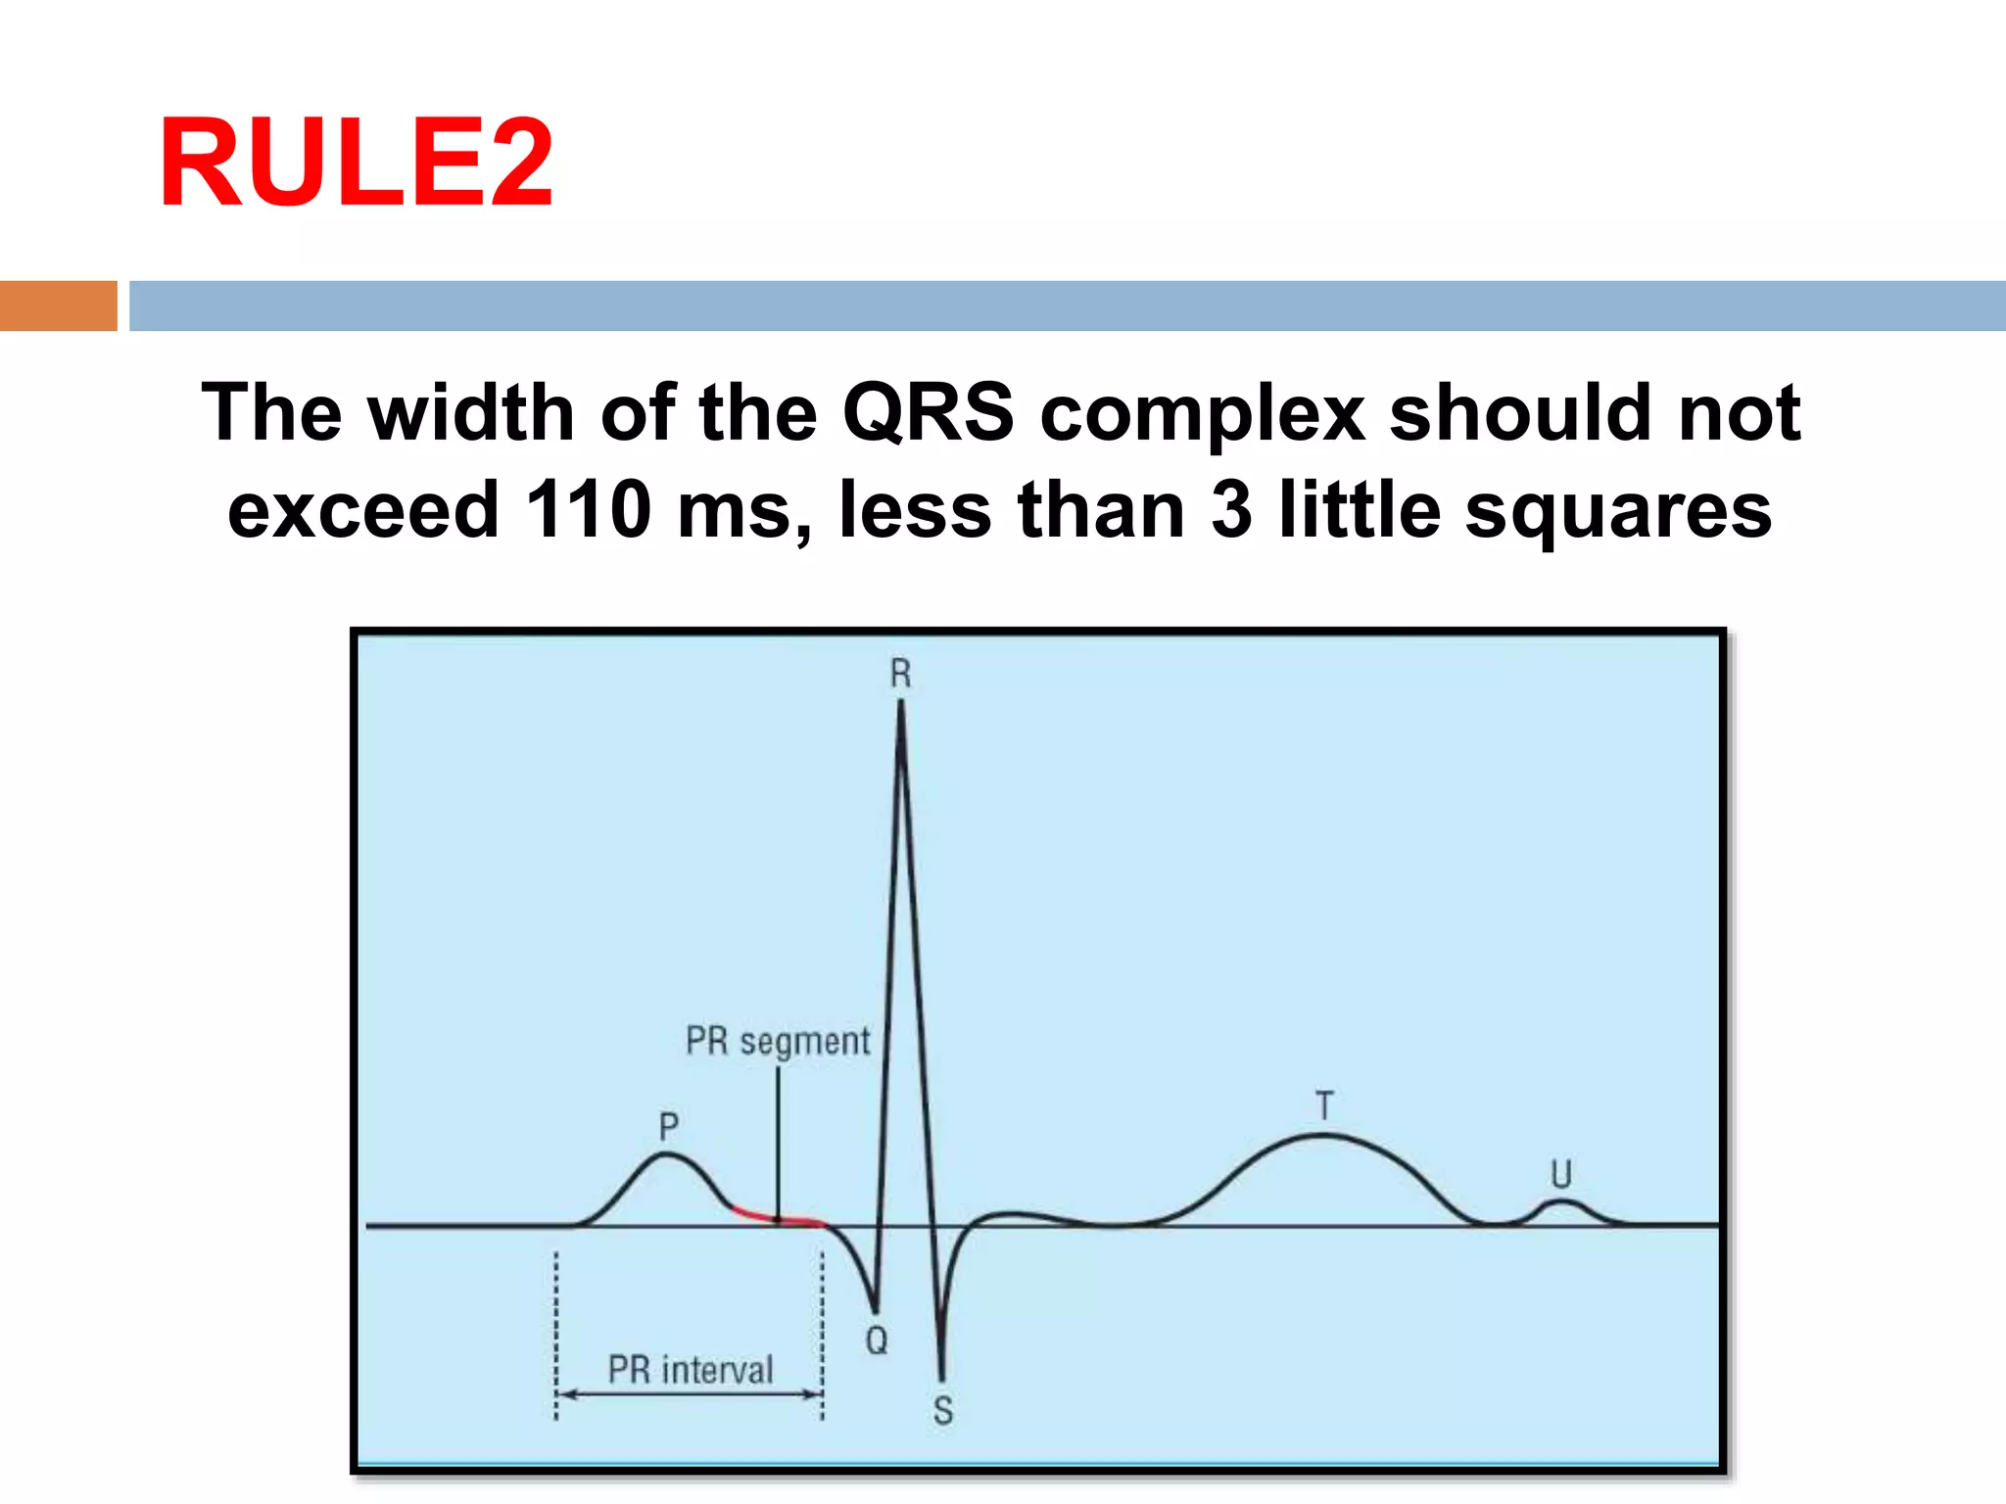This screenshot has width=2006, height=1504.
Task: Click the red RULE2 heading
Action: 356,163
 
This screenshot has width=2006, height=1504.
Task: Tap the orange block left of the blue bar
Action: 58,305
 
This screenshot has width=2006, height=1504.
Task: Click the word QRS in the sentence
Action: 928,412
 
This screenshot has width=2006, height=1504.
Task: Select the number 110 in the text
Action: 588,509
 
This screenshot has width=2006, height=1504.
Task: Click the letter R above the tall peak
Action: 900,674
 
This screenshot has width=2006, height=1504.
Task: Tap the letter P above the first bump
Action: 668,1127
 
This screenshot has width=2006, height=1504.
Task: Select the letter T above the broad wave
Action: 1324,1105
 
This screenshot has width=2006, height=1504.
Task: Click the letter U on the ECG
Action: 1560,1174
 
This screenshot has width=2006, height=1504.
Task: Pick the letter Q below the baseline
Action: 877,1339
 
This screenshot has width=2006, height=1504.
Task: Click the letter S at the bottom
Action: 942,1411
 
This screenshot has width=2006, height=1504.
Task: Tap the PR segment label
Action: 778,1041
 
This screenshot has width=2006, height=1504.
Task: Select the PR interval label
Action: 691,1369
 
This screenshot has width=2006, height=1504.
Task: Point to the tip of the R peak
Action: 901,703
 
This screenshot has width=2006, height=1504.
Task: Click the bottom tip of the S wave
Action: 942,1376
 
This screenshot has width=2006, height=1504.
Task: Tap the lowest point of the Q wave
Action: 875,1309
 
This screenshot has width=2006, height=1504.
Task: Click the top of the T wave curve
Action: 1322,1136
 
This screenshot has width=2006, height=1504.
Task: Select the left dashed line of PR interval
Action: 556,1332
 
